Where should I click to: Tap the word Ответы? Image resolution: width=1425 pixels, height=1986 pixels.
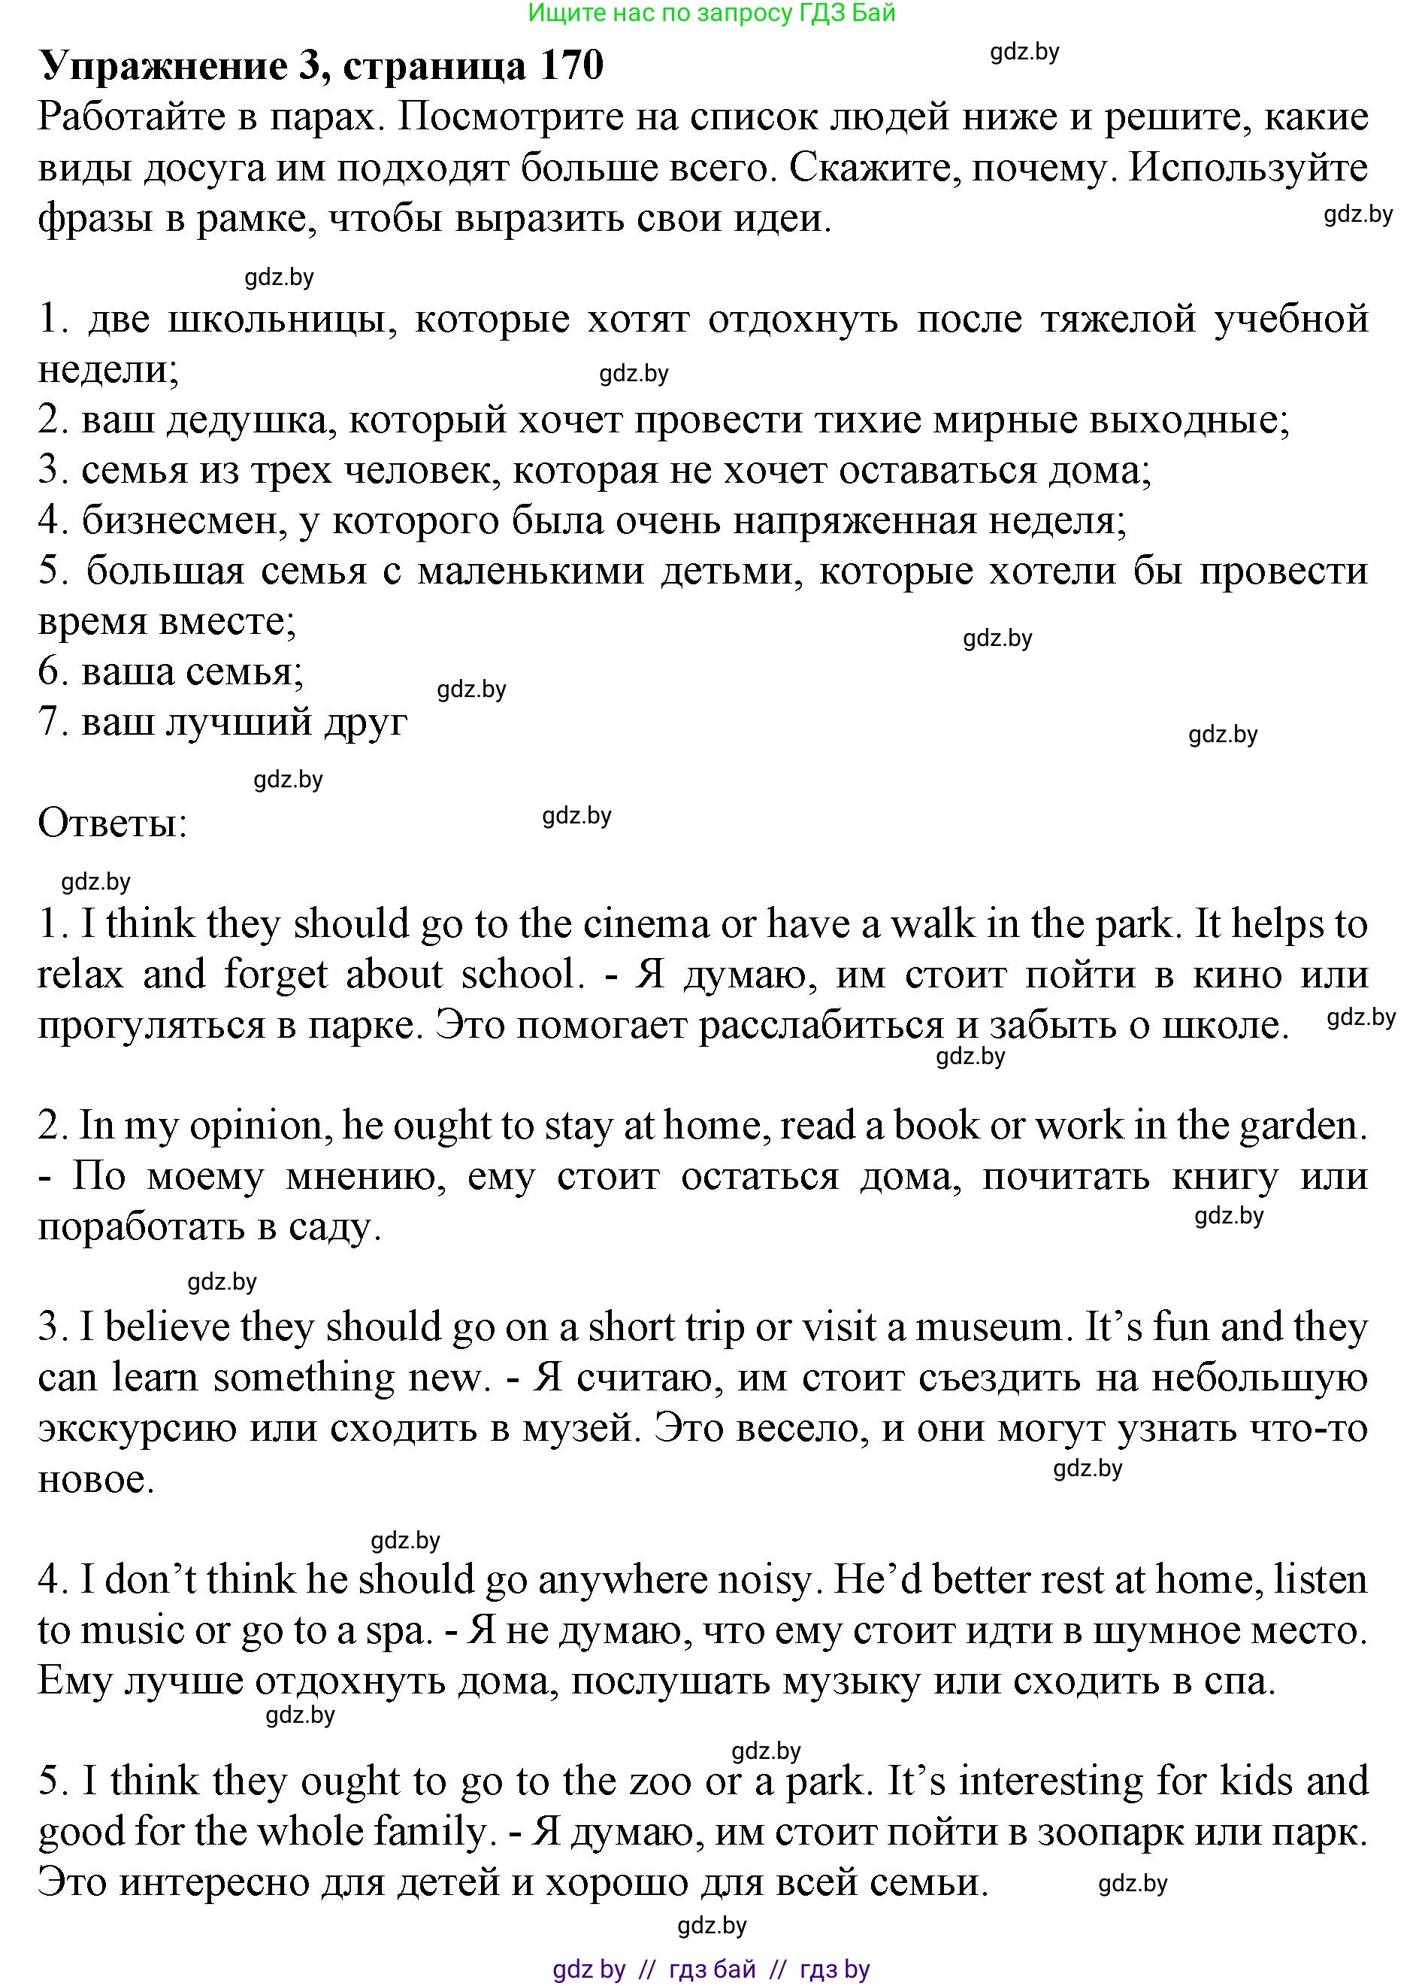click(112, 823)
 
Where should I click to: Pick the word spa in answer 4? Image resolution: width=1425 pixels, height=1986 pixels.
click(405, 1630)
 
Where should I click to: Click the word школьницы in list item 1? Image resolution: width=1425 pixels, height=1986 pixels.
click(280, 320)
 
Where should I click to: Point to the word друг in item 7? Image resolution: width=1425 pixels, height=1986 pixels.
click(366, 723)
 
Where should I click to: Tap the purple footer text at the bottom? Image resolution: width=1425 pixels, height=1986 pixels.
click(711, 1969)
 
